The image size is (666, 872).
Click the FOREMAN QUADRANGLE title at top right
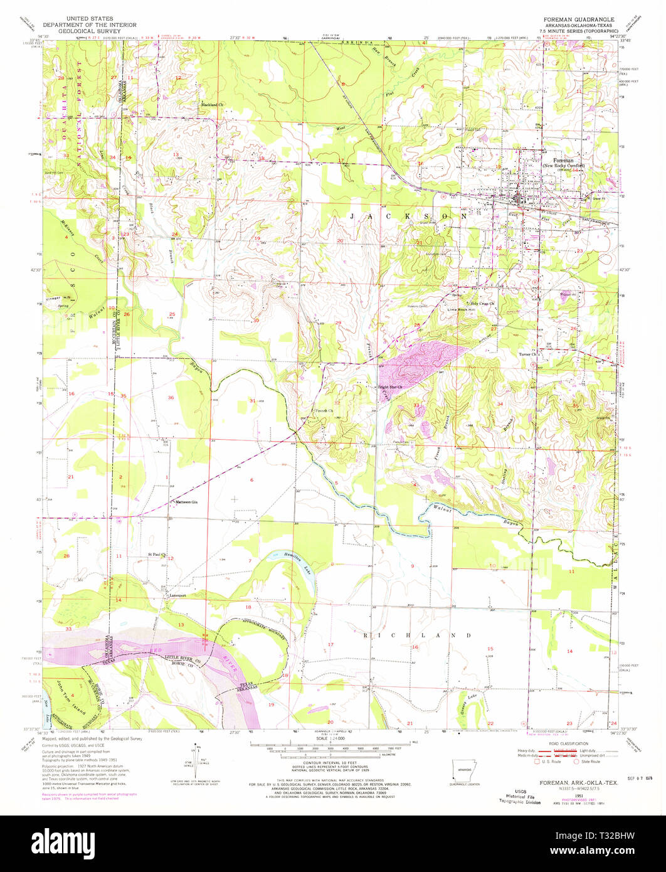pos(578,19)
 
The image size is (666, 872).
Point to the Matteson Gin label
pos(187,502)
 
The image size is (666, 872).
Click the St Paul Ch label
pos(156,555)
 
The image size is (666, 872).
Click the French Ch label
pos(322,411)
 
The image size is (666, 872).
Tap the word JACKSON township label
pos(408,215)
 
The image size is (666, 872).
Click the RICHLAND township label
pos(418,635)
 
